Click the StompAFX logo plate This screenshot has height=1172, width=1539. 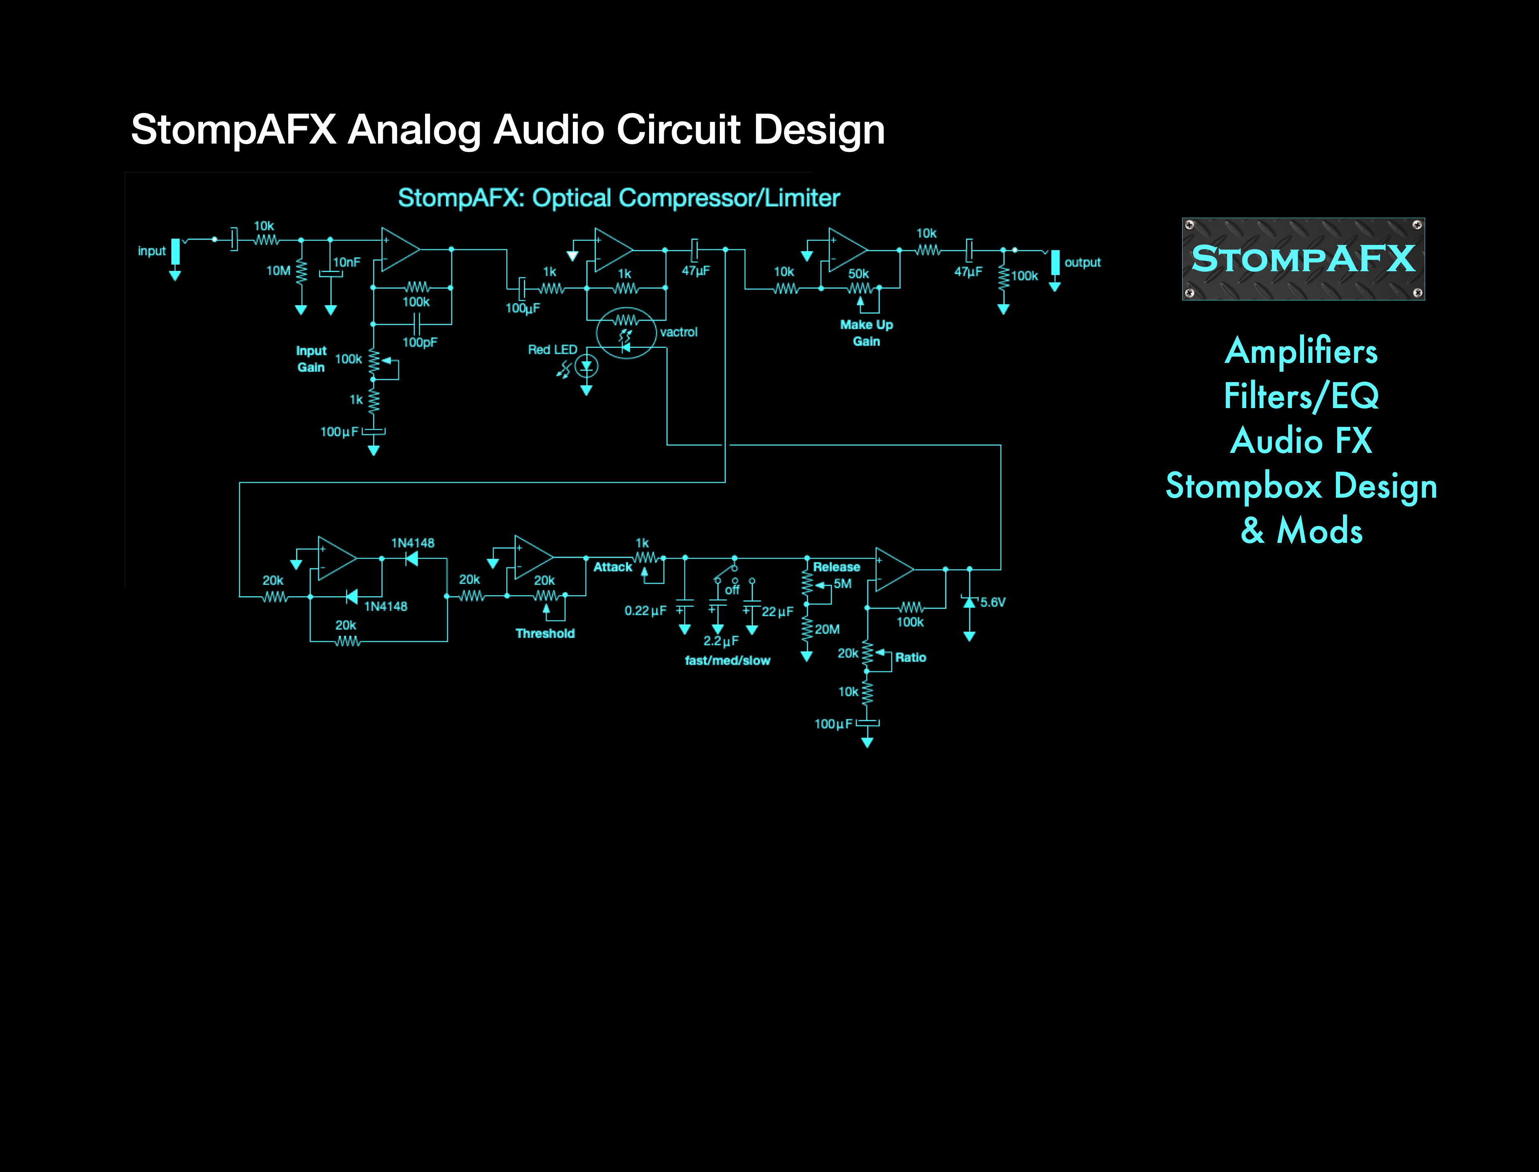[x=1302, y=259]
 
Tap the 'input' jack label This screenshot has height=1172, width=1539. [x=152, y=251]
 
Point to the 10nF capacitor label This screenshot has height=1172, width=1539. [x=347, y=262]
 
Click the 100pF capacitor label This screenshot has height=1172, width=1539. [x=420, y=342]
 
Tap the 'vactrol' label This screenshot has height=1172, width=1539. [x=678, y=332]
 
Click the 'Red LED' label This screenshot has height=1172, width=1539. [x=552, y=350]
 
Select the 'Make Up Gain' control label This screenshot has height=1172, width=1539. [x=866, y=333]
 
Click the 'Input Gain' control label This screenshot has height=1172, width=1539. [x=311, y=359]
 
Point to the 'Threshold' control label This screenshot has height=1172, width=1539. [x=545, y=633]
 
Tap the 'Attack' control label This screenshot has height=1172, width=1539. [x=612, y=567]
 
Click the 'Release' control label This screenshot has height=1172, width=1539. [x=836, y=567]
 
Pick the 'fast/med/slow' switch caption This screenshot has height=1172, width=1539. [x=727, y=661]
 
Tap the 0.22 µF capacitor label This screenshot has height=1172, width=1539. [x=645, y=611]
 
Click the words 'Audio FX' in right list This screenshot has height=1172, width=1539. [x=1301, y=441]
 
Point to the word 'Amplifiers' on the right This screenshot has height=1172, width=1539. [x=1301, y=350]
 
